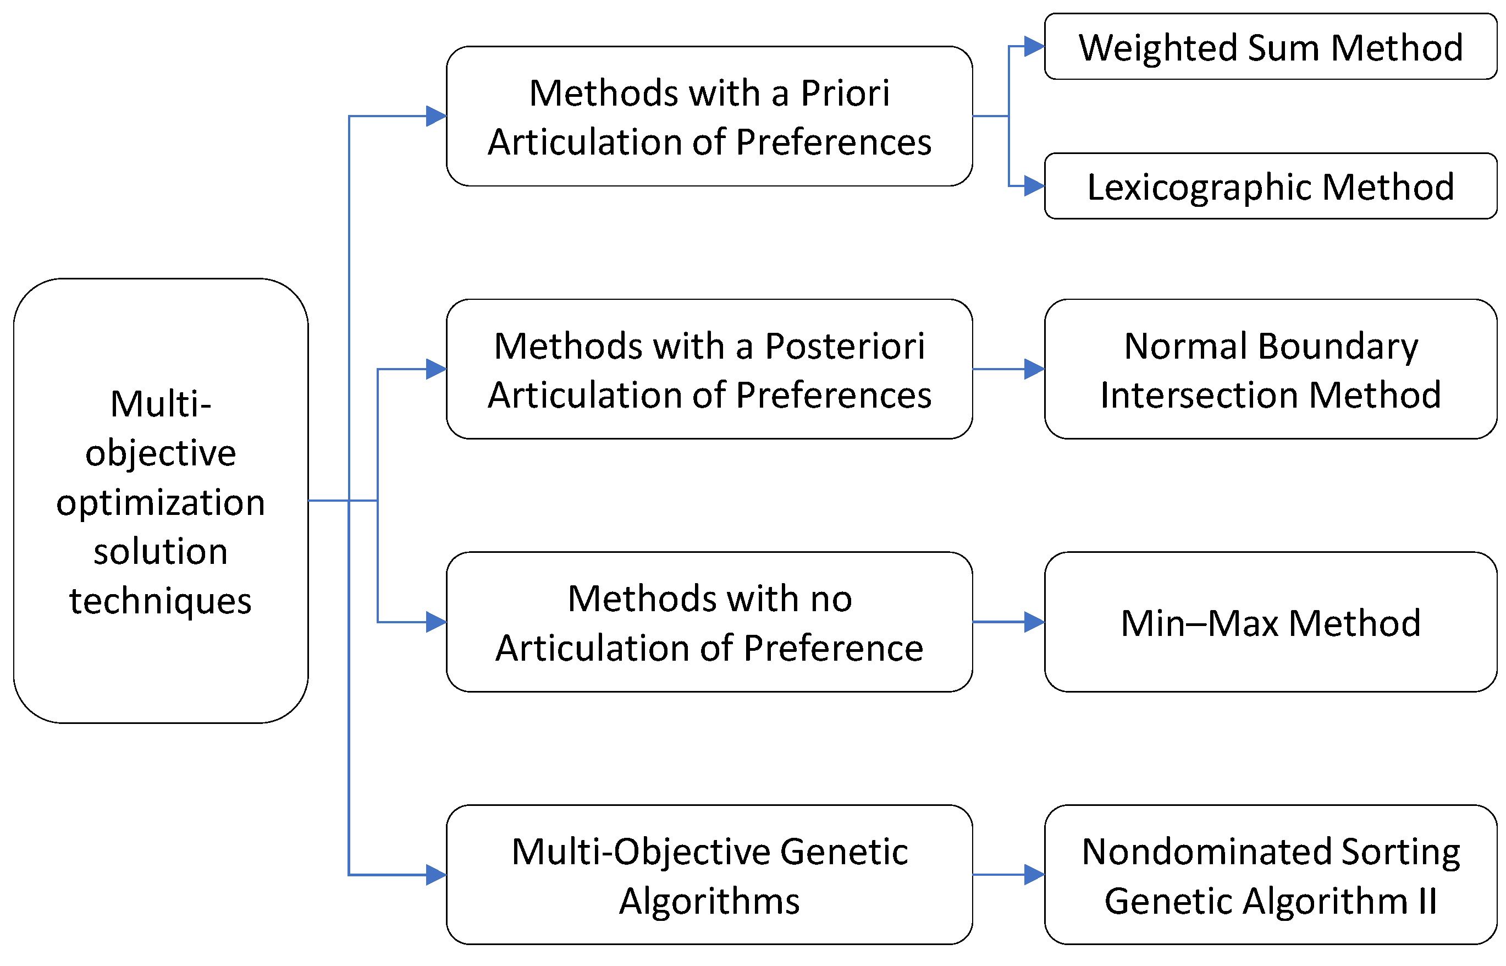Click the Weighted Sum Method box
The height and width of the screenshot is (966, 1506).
pyautogui.click(x=1270, y=46)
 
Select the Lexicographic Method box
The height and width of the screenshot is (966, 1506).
pyautogui.click(x=1270, y=186)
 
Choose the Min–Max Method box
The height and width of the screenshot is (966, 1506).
pyautogui.click(x=1270, y=622)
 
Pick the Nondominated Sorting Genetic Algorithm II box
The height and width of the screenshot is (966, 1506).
pyautogui.click(x=1270, y=875)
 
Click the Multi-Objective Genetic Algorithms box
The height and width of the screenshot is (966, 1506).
pyautogui.click(x=709, y=875)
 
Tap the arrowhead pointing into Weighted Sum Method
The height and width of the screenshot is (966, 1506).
pyautogui.click(x=1034, y=46)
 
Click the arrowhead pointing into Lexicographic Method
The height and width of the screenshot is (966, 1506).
pyautogui.click(x=1034, y=186)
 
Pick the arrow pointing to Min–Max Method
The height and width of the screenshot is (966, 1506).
pyautogui.click(x=1009, y=622)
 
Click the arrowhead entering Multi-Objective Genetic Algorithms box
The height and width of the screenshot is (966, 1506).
pyautogui.click(x=437, y=875)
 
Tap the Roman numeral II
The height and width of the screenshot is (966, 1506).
pyautogui.click(x=1427, y=902)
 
